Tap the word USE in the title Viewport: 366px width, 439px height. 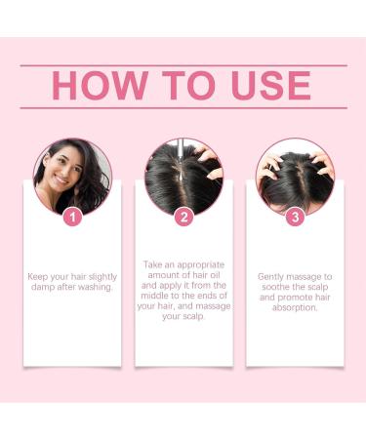click(264, 86)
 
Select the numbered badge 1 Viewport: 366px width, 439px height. click(72, 217)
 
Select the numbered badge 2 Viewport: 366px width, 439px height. click(183, 217)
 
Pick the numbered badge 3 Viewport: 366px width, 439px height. click(293, 217)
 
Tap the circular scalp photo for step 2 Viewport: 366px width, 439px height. click(183, 176)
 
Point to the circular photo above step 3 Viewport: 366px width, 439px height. click(293, 176)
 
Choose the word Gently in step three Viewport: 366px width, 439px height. click(272, 277)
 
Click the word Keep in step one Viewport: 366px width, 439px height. click(40, 277)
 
